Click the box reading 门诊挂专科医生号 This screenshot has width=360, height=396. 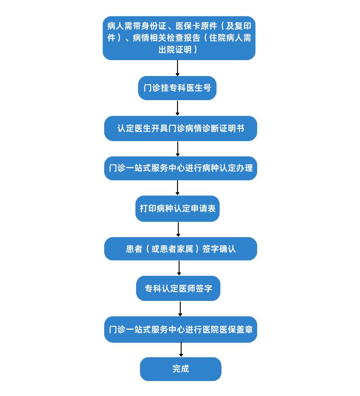[177, 88]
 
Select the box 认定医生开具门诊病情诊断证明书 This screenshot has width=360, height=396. [181, 128]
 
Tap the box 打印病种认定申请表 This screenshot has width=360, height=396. [177, 208]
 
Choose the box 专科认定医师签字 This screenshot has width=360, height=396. [178, 288]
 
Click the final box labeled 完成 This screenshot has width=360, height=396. [181, 369]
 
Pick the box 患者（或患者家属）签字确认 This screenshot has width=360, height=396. [181, 249]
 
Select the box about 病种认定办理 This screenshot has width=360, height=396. [181, 168]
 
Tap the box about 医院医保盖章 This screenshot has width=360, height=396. [181, 330]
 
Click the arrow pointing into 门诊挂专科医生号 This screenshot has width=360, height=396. [177, 68]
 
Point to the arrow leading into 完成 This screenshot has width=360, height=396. [181, 350]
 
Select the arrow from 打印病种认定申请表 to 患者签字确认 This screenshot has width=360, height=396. [178, 229]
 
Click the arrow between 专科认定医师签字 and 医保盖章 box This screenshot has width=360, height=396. [180, 309]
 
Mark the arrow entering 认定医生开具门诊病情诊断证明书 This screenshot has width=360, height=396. [177, 108]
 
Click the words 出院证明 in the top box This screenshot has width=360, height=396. [175, 50]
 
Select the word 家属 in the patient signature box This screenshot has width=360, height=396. [185, 249]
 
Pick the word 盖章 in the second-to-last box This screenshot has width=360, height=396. [244, 330]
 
